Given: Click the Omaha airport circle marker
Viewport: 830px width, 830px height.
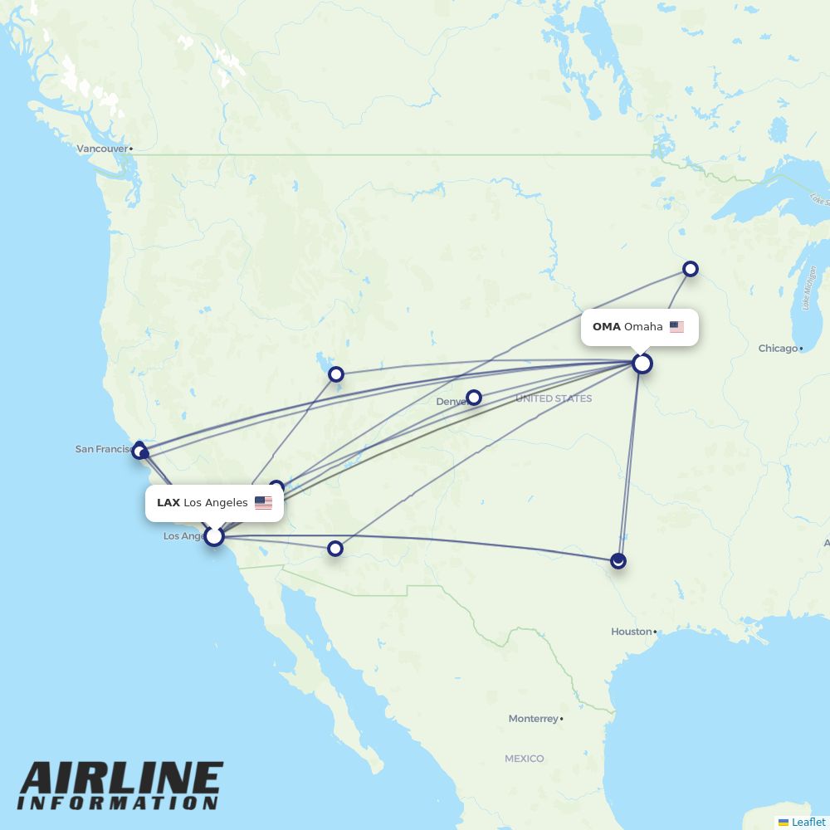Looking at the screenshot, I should [642, 364].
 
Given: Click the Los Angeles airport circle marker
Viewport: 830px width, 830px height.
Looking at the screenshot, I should [214, 536].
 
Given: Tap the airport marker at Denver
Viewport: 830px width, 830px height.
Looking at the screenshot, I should [473, 398].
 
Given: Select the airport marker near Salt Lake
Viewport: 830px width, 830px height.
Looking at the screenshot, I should [335, 374].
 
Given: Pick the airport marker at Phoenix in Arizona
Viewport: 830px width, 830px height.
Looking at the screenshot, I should [335, 549].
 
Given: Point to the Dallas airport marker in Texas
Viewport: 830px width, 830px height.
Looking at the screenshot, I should [618, 561].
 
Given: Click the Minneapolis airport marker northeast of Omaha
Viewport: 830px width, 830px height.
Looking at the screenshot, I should [690, 269].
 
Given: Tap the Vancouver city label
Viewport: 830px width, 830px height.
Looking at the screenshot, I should [103, 149].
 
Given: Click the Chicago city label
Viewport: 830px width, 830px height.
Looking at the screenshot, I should [778, 349].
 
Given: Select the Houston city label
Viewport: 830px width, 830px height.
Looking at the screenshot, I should [632, 632].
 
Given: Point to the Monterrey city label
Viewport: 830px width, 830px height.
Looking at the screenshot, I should [534, 719].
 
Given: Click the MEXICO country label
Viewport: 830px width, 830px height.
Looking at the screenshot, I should [525, 759].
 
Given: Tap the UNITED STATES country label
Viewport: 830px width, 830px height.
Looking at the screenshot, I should [554, 399].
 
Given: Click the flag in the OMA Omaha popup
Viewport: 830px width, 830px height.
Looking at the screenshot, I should [676, 327].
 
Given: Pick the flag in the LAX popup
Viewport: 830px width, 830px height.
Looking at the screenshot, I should [263, 503].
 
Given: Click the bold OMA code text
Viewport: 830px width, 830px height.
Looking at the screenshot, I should [606, 327].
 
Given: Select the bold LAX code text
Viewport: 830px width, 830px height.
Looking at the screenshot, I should [168, 503].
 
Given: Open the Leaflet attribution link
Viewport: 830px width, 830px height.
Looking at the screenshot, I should [808, 822].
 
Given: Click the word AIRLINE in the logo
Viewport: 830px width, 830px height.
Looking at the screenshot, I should [121, 780].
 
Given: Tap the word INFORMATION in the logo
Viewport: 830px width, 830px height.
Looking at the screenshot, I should [118, 803].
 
